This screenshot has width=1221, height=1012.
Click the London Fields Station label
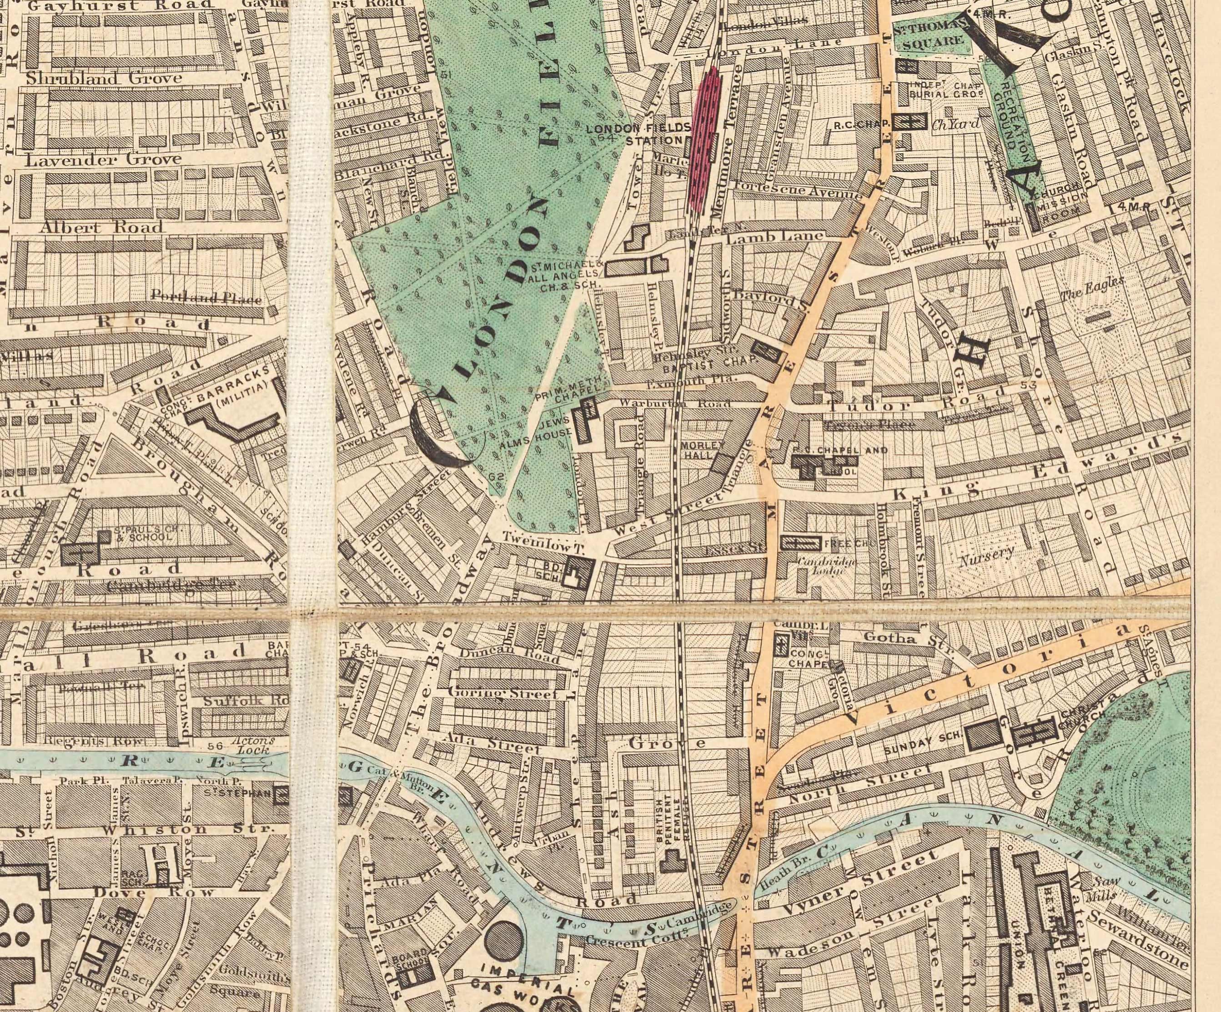(x=638, y=134)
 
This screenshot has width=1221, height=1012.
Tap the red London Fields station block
(x=705, y=140)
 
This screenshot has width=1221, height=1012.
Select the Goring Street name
(x=502, y=693)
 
